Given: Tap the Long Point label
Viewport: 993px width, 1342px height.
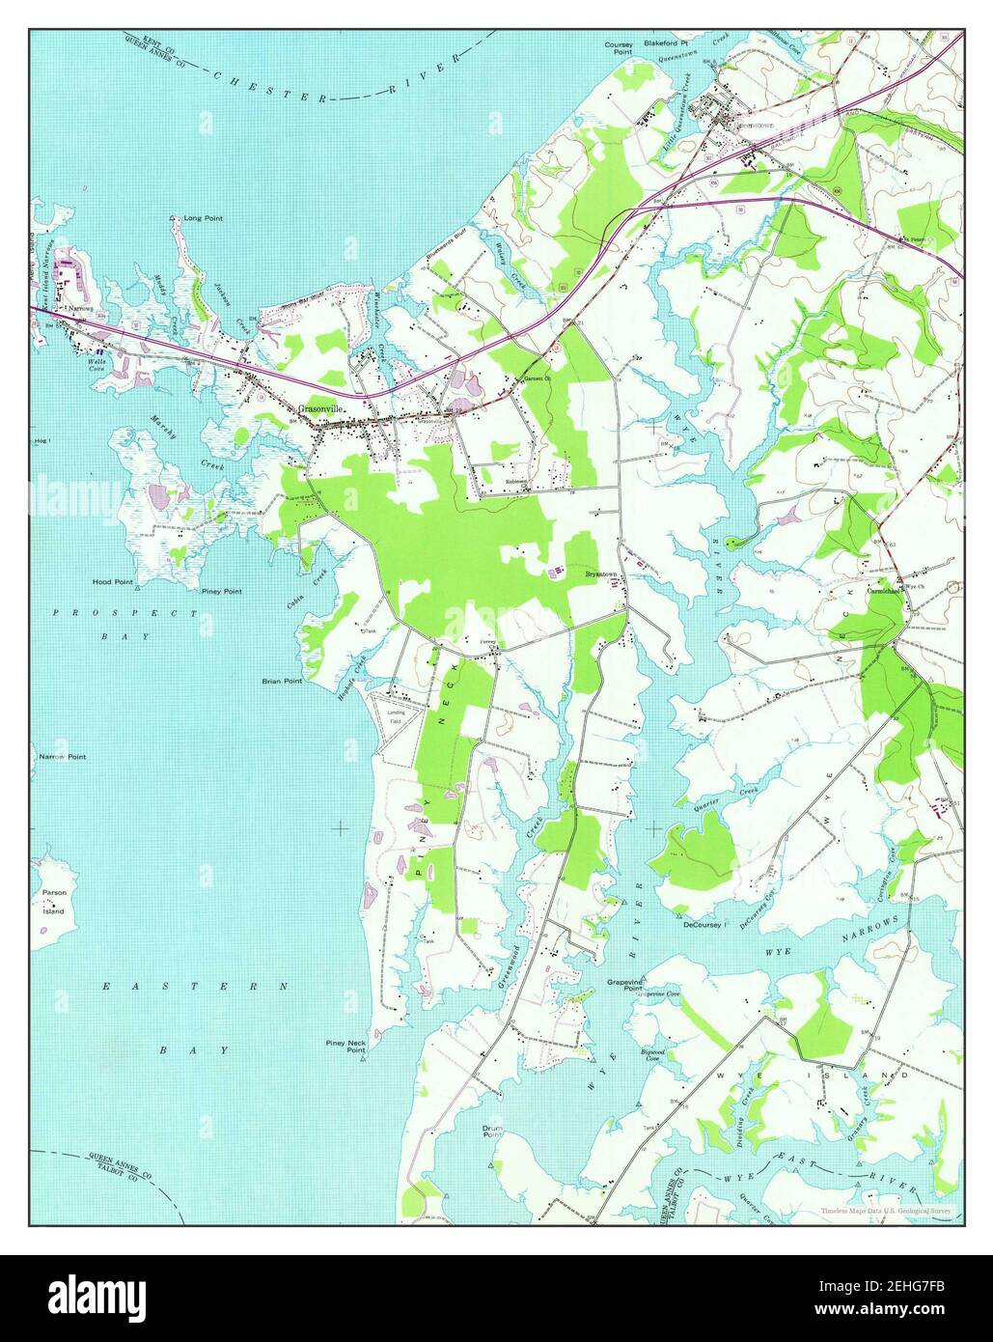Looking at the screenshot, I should pos(203,218).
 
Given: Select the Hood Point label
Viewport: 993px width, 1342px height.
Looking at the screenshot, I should pos(112,582).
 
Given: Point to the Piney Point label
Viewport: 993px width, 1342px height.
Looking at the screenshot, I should pos(221,591).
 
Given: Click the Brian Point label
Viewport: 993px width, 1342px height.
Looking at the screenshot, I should pos(282,681).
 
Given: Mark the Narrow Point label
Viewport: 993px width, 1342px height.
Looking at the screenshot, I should pos(62,757).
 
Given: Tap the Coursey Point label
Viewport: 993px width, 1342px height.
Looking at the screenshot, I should pos(619,48).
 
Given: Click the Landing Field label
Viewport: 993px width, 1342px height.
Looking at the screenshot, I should pos(396,715).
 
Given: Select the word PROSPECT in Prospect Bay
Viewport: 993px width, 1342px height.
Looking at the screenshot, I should pos(124,613).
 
